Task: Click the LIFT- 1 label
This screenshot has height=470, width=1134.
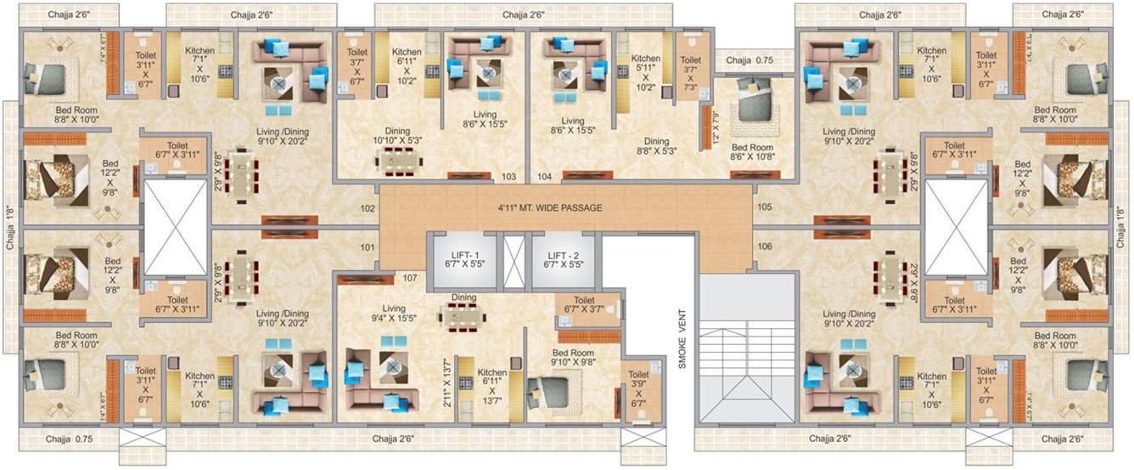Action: click(x=457, y=259)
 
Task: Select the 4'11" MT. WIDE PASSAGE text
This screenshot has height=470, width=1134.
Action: click(x=550, y=207)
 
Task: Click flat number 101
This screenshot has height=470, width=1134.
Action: click(x=367, y=248)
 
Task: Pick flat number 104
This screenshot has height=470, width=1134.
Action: click(x=544, y=178)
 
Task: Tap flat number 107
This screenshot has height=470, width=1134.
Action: click(x=410, y=278)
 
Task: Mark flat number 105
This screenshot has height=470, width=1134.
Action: click(x=764, y=207)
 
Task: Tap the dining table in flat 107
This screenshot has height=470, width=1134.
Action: click(x=463, y=316)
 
